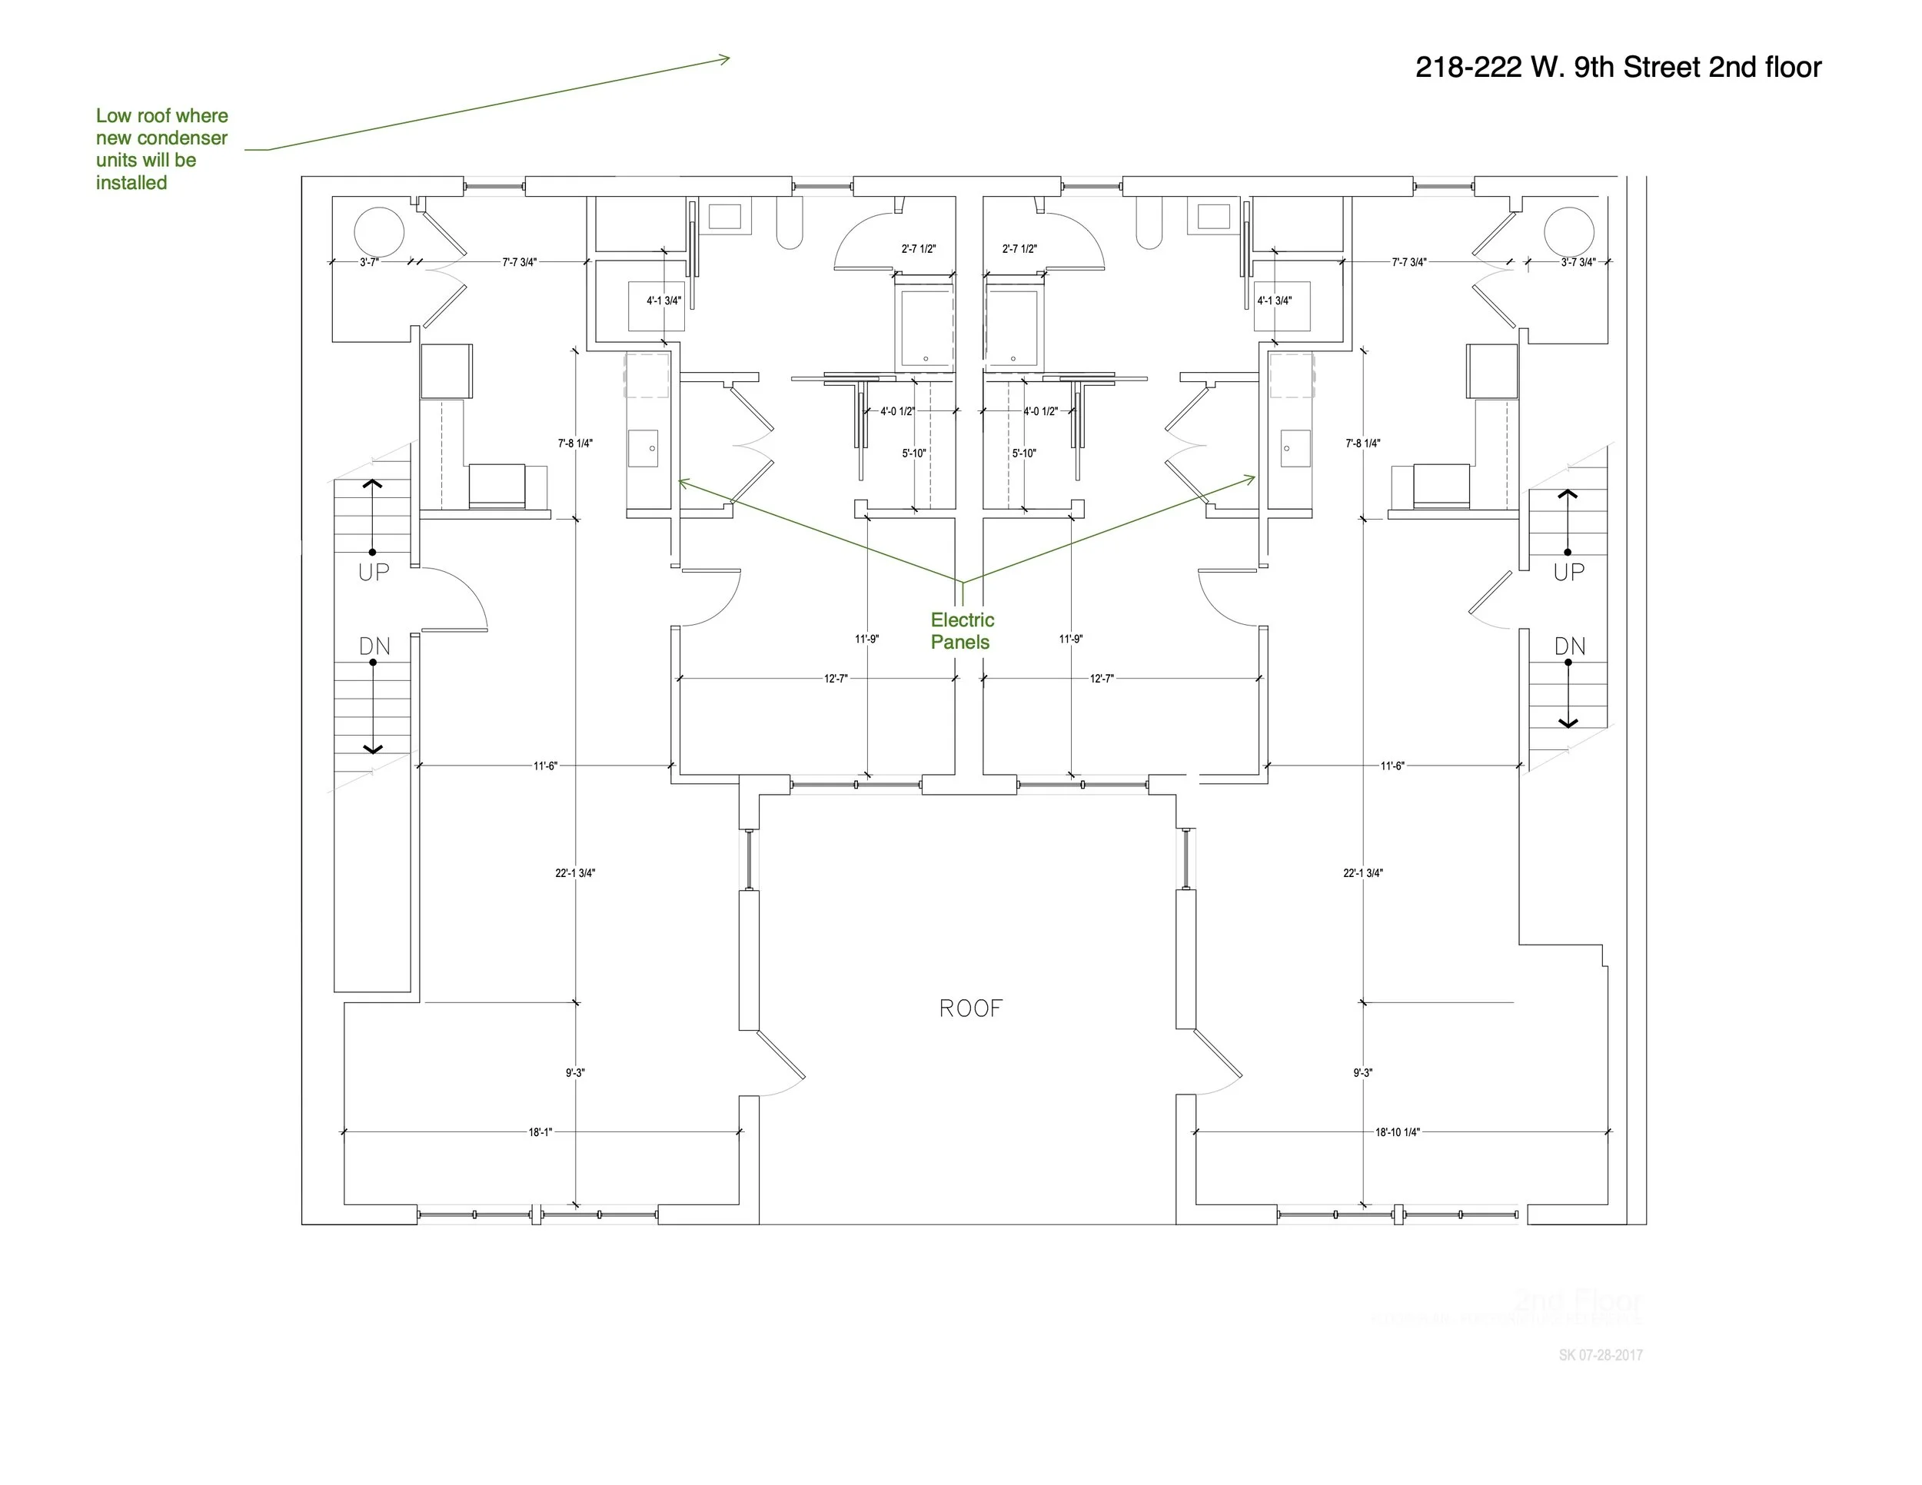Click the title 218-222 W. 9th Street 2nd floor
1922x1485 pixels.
point(1618,68)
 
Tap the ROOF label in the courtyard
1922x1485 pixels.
point(971,1008)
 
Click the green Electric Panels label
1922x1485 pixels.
point(962,631)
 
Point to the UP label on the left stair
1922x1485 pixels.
point(373,572)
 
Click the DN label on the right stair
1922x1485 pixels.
point(1569,646)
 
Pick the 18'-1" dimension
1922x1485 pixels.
point(540,1132)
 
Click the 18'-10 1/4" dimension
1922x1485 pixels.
point(1398,1132)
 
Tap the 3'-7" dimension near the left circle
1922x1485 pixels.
point(369,262)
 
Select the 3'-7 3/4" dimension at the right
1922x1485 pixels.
point(1578,262)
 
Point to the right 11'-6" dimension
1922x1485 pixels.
point(1392,766)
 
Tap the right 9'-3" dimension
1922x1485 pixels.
point(1362,1072)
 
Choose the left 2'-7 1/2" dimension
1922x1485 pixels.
point(918,249)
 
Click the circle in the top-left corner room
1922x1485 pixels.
point(378,232)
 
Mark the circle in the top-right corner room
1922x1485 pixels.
point(1568,232)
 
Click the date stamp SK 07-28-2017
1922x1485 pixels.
point(1600,1356)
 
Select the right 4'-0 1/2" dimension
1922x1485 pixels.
point(1040,411)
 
